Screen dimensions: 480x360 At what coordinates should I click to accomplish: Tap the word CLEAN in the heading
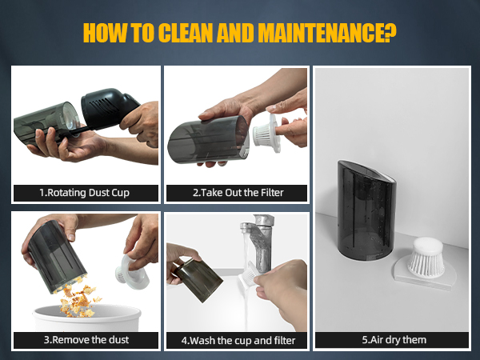point(186,33)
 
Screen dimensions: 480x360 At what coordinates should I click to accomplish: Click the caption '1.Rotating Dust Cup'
point(85,193)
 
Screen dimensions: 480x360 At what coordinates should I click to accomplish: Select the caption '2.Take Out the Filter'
point(238,193)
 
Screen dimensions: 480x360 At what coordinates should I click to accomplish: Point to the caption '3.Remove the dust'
point(86,340)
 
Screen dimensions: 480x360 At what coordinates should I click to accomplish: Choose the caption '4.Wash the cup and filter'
point(238,341)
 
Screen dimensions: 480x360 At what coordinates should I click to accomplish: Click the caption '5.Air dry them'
point(394,340)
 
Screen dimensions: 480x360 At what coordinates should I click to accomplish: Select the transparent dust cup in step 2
point(208,139)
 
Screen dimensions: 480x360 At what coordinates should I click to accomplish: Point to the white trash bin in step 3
point(87,318)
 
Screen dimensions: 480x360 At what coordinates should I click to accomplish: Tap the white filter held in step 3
point(131,273)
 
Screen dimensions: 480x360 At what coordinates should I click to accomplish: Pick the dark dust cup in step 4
point(198,279)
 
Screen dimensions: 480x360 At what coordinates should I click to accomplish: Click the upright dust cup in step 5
point(366,210)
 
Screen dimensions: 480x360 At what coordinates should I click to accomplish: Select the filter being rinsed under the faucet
point(249,275)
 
